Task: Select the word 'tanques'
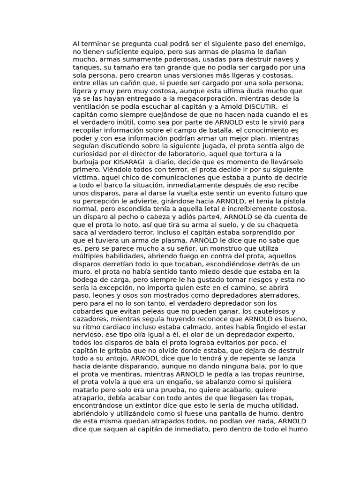[84, 67]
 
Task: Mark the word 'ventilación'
[91, 107]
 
